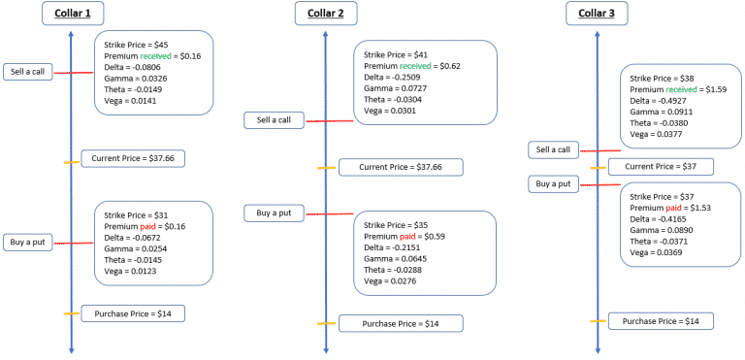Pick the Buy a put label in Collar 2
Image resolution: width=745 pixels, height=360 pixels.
273,213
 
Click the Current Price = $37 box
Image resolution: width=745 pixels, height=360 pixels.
660,167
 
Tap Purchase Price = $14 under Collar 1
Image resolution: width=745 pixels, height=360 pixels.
133,312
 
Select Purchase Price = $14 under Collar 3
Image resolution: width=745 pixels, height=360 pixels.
661,320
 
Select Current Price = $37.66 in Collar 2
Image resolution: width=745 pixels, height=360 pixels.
401,167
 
